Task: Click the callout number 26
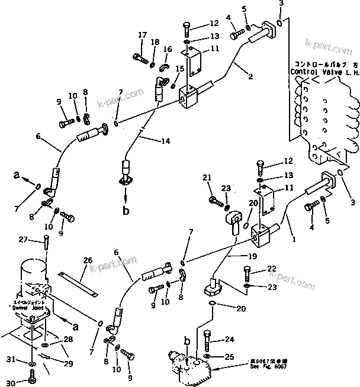88,260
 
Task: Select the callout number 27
22,239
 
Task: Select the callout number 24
229,340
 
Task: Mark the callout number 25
229,357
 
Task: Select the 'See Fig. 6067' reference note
254,366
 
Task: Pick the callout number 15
180,69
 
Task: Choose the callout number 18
155,41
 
